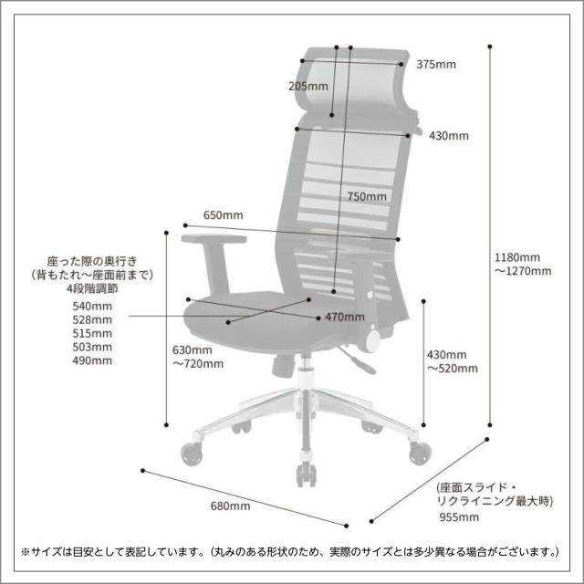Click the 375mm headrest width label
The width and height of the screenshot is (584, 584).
pyautogui.click(x=435, y=65)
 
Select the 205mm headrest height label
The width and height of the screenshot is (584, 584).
pyautogui.click(x=308, y=87)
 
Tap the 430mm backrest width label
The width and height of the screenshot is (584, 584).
pyautogui.click(x=448, y=137)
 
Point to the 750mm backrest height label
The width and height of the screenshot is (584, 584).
pyautogui.click(x=366, y=197)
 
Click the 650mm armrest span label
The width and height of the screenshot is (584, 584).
pyautogui.click(x=223, y=215)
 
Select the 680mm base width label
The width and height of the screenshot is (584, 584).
pyautogui.click(x=230, y=506)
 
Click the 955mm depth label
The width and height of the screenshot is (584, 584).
pyautogui.click(x=457, y=517)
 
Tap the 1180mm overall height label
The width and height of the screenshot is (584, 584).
pyautogui.click(x=517, y=256)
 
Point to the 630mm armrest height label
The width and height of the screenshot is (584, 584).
pyautogui.click(x=192, y=349)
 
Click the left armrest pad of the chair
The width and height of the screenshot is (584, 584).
pyautogui.click(x=214, y=240)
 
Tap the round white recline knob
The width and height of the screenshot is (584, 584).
pyautogui.click(x=373, y=340)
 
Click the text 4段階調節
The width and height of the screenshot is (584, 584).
pyautogui.click(x=93, y=288)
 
